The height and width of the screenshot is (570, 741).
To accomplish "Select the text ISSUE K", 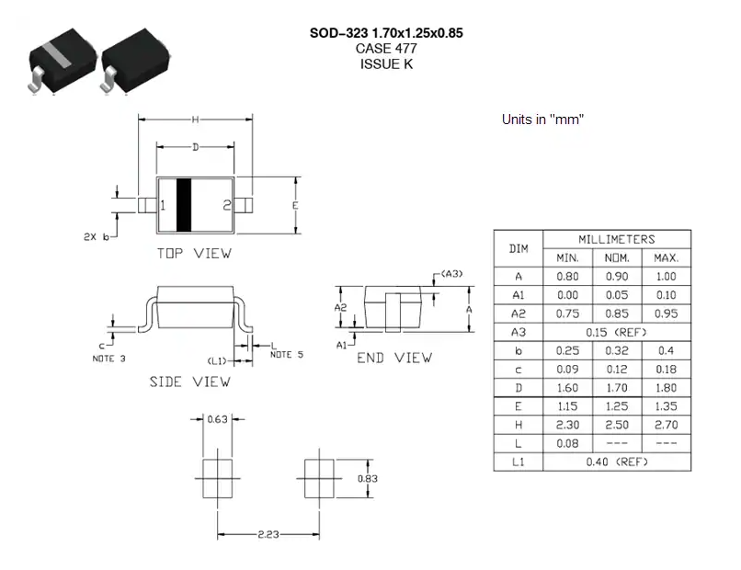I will (x=386, y=64).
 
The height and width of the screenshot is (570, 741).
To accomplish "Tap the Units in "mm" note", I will (x=543, y=120).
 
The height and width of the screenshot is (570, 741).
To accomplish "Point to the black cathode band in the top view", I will (x=183, y=204).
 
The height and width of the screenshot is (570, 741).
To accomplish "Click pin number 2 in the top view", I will (x=226, y=205).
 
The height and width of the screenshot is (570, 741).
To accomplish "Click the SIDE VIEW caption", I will (x=189, y=381).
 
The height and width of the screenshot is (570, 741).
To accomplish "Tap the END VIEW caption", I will (x=393, y=358).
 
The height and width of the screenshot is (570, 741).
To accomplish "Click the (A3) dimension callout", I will (x=451, y=274).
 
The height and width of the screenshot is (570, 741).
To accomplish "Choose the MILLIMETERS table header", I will (x=616, y=239).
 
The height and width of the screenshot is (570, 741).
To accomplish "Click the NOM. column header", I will (x=616, y=257).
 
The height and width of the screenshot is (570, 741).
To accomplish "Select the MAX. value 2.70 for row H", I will (x=666, y=424).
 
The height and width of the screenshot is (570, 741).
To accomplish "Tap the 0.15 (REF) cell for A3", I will (x=616, y=332).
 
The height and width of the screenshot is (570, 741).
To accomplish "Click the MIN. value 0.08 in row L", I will (x=566, y=442).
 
